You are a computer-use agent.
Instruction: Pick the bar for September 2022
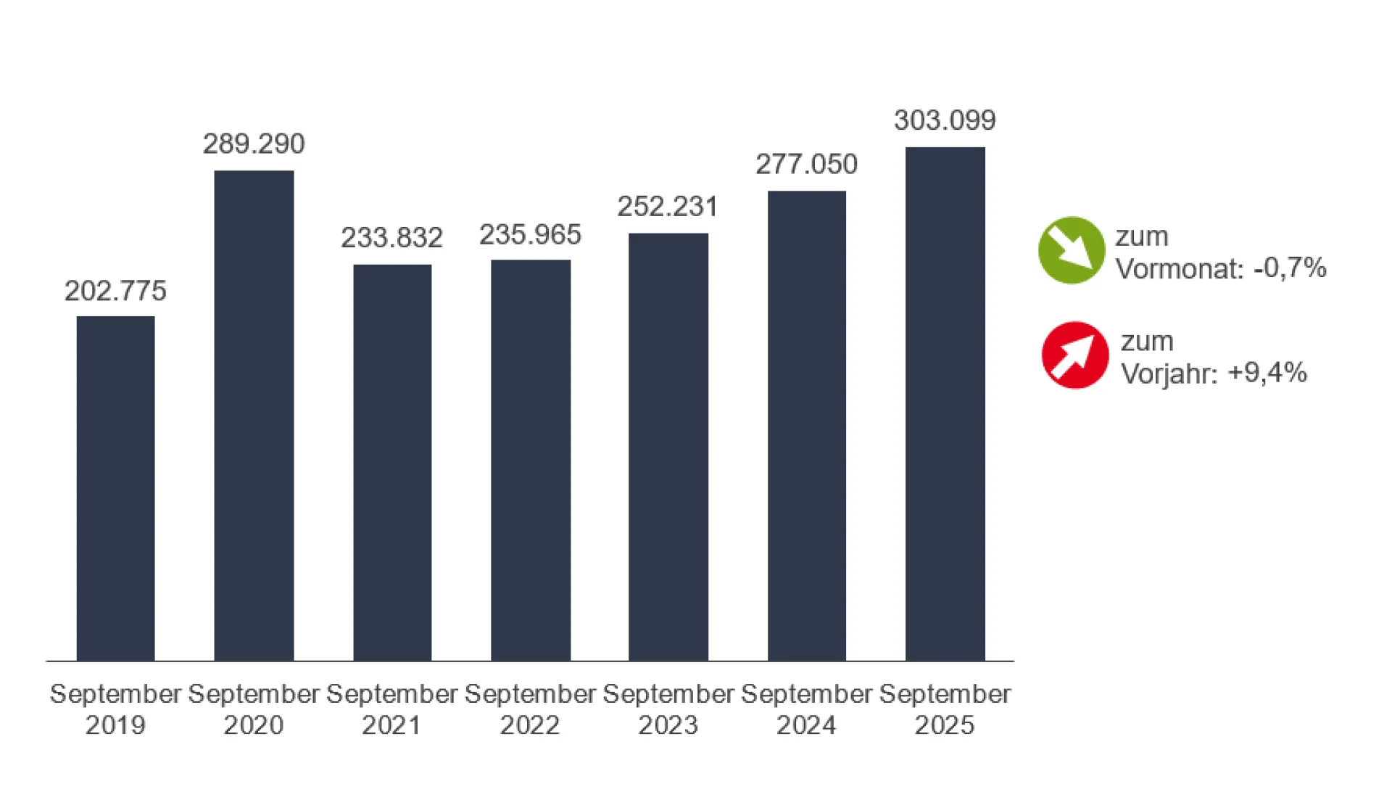tap(531, 461)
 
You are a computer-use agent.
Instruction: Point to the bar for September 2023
tap(668, 447)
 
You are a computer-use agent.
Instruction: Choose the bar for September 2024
tap(807, 426)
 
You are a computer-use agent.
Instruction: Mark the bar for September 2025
tap(945, 404)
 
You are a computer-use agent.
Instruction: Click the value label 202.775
tap(115, 291)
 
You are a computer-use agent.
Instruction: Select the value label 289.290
tap(254, 144)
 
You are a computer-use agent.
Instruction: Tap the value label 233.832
tap(392, 238)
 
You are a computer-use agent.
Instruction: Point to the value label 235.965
tap(531, 235)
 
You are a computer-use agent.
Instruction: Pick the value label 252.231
tap(668, 207)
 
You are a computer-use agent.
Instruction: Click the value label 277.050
tap(807, 165)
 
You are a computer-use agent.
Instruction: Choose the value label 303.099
tap(945, 120)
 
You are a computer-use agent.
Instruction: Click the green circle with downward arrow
tap(1072, 250)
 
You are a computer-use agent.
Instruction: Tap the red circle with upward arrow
tap(1075, 355)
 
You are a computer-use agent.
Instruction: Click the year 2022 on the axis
tap(530, 725)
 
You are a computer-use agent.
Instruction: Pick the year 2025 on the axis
tap(945, 725)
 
